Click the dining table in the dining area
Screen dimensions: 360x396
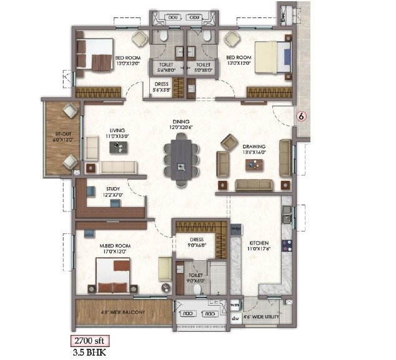181,161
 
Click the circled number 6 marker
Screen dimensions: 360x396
302,116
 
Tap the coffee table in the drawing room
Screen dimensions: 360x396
254,165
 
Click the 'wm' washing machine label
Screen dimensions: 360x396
235,305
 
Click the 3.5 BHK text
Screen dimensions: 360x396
83,353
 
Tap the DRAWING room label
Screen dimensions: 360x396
254,148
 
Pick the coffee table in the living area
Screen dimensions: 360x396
117,147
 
